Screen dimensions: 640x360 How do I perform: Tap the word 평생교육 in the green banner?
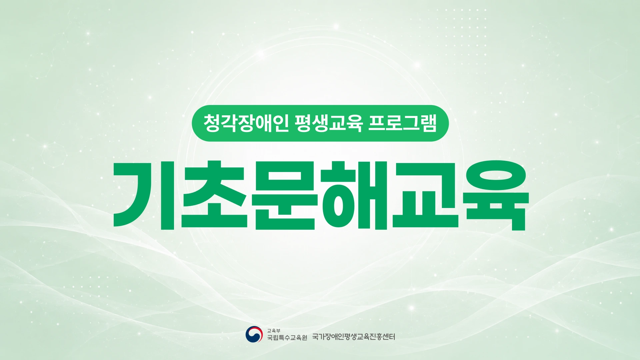click(x=329, y=123)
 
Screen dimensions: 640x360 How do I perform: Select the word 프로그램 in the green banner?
click(x=403, y=123)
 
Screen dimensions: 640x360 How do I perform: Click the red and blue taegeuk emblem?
click(x=254, y=334)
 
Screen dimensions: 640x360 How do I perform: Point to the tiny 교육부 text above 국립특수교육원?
click(x=274, y=331)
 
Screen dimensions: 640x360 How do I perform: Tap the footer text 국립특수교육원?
click(x=287, y=338)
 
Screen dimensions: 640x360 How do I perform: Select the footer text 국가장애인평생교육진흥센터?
click(x=353, y=337)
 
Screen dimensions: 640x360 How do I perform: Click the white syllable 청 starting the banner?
click(x=212, y=123)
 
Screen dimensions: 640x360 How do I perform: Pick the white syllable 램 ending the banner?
click(x=428, y=123)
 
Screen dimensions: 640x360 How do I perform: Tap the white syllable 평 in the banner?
click(x=303, y=123)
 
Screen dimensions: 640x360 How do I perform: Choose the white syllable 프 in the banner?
click(x=377, y=123)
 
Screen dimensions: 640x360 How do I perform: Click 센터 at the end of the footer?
click(x=389, y=337)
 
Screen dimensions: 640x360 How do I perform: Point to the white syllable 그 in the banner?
click(x=411, y=123)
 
